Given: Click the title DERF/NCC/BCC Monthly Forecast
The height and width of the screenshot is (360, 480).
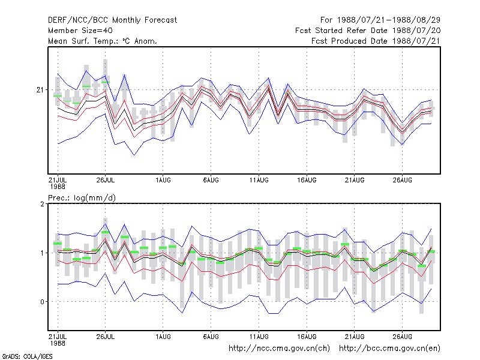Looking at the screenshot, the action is [x=112, y=20].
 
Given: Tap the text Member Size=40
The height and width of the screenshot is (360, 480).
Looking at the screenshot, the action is [x=80, y=31].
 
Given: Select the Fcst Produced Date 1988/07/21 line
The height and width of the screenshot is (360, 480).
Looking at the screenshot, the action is [x=376, y=41].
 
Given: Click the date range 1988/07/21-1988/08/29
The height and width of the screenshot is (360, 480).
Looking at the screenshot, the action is [x=388, y=20].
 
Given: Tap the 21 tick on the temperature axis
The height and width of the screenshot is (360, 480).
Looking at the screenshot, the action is [x=40, y=89].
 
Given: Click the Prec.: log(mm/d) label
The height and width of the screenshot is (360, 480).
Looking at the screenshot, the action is [x=82, y=198].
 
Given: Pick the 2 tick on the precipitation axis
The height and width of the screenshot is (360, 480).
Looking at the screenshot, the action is [x=42, y=204].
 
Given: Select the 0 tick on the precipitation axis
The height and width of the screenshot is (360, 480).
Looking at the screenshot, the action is [x=42, y=302].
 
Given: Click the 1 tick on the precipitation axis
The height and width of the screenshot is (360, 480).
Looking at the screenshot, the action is [x=42, y=253].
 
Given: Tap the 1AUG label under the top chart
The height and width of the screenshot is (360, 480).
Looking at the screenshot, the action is [x=163, y=181].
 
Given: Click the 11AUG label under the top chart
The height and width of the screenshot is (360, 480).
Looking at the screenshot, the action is [x=259, y=181].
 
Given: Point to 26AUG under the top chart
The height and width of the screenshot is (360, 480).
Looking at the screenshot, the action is [x=402, y=181].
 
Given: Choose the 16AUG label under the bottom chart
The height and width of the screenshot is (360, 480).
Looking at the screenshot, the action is [x=307, y=337].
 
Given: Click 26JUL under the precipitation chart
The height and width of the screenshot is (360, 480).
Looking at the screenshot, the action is [x=106, y=337].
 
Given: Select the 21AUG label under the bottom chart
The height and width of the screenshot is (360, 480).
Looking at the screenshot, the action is [x=355, y=337].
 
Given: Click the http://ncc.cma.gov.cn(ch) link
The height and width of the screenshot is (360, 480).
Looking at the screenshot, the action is [x=279, y=349].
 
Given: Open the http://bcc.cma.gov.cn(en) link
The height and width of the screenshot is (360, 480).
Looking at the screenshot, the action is [x=389, y=349].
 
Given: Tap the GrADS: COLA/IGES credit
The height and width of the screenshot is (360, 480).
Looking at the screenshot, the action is [x=27, y=356].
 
